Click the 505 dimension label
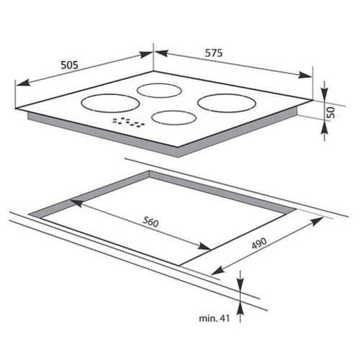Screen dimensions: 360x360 click(69, 65)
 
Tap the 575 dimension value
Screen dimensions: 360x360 click(214, 53)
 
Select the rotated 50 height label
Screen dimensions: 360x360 click(331, 112)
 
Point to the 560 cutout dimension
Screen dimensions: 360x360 click(150, 222)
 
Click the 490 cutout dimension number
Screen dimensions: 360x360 click(259, 243)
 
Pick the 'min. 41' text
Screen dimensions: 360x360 click(214, 318)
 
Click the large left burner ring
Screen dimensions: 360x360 click(111, 103)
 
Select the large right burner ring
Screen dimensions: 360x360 click(227, 103)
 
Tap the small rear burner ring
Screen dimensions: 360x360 click(159, 91)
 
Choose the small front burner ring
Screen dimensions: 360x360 click(174, 117)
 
